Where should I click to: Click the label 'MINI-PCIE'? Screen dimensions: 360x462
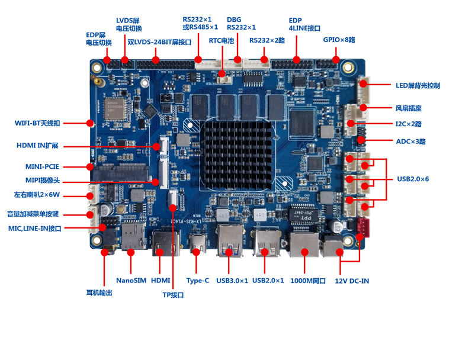[42, 166]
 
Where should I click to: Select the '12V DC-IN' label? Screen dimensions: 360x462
[352, 281]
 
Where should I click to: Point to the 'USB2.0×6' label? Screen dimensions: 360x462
[413, 179]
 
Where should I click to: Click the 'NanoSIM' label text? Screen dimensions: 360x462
[131, 280]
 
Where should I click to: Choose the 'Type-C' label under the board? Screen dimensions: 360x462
[197, 280]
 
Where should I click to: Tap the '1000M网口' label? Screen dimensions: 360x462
[308, 281]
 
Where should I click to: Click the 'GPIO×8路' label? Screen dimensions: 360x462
[339, 40]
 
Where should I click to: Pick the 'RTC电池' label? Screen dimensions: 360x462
[222, 41]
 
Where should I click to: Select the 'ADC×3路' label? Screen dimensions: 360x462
[410, 142]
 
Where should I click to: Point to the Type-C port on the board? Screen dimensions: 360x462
[197, 243]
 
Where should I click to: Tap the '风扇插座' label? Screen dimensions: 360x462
[408, 108]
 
